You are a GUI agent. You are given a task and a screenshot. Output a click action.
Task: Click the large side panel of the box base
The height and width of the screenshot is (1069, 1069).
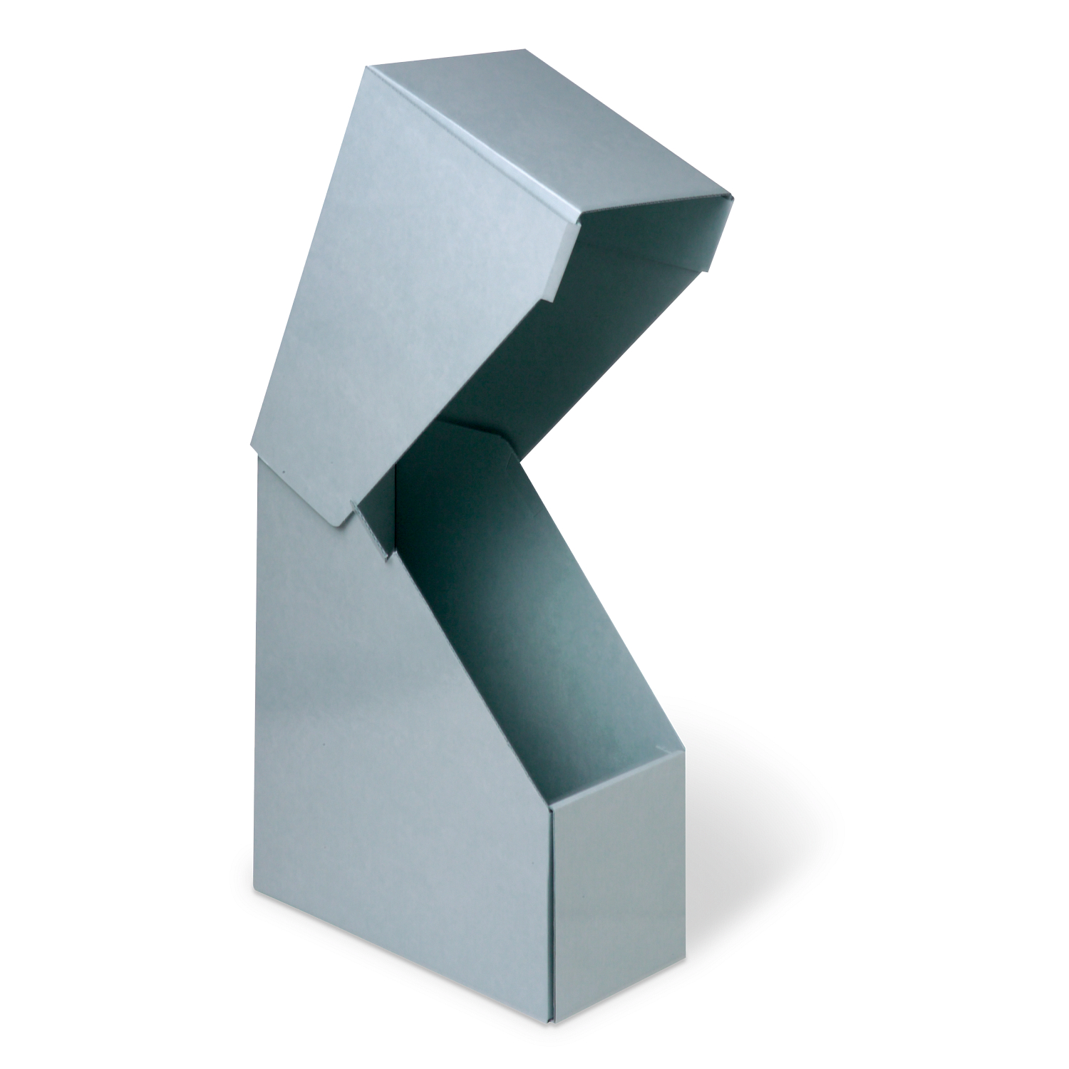click(x=399, y=748)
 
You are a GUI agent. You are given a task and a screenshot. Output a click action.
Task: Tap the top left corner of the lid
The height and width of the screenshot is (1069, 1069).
click(x=368, y=68)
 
